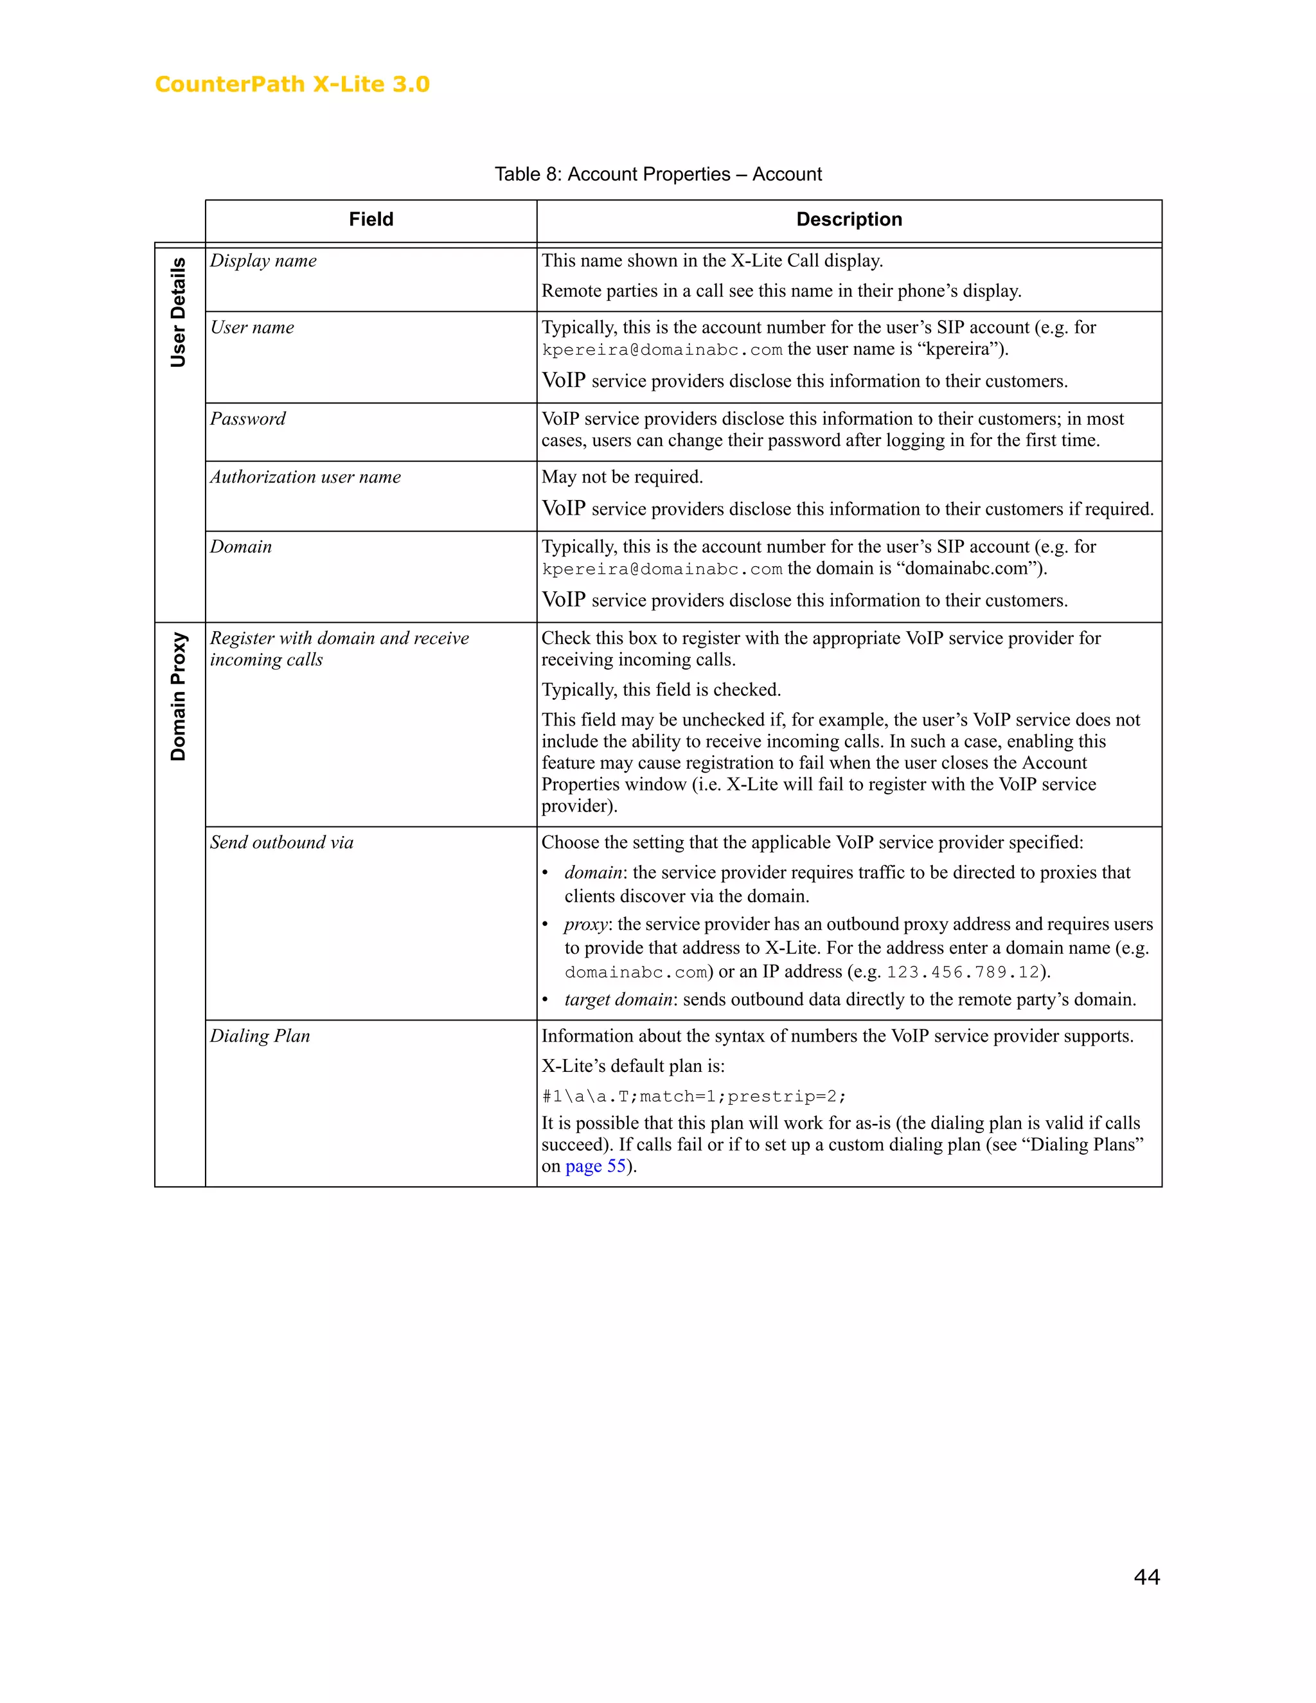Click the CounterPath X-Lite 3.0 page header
(x=292, y=84)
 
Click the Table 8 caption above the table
(x=657, y=174)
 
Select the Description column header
(x=848, y=219)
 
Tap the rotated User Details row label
(x=179, y=312)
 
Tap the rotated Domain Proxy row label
(x=179, y=697)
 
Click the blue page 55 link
(x=596, y=1166)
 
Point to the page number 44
(x=1146, y=1576)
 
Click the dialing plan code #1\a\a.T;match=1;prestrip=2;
(x=694, y=1096)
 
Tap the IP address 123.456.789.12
(x=963, y=972)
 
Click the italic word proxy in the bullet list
(x=586, y=924)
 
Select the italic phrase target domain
(x=618, y=1000)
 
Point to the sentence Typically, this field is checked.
(x=661, y=690)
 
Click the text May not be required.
(x=622, y=476)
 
